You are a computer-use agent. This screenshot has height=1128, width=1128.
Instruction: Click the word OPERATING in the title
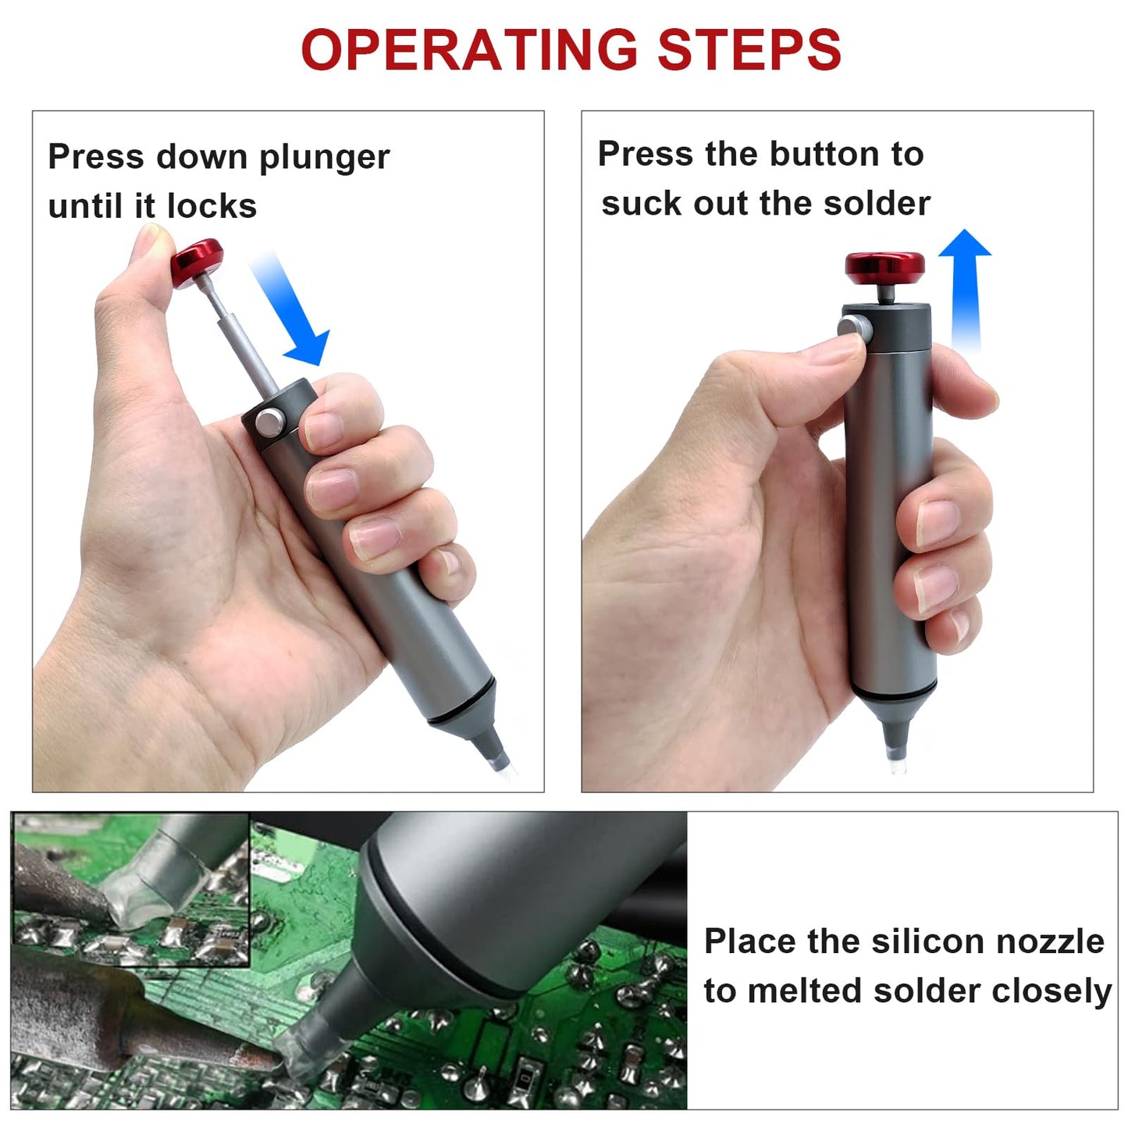point(469,50)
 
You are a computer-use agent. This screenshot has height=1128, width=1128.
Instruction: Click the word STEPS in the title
point(749,50)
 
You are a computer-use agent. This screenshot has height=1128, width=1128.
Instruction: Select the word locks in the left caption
point(212,207)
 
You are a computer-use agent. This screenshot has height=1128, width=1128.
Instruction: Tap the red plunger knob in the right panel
point(884,267)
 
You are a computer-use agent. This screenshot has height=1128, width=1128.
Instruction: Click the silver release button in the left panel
point(269,422)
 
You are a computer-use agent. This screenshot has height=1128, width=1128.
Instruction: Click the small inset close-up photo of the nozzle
point(131,889)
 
